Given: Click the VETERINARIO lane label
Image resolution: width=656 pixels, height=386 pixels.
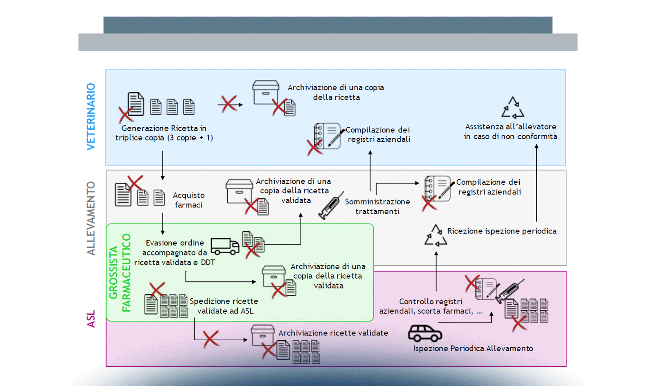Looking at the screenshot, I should pos(91,116).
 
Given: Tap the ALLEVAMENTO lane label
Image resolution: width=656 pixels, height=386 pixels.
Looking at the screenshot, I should pos(91,218).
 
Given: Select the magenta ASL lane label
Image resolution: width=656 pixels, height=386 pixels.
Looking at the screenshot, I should pos(91,318).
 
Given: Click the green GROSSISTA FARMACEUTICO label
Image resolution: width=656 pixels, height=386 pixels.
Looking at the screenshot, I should pos(120,273).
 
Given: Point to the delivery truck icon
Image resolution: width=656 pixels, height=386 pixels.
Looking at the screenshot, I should pos(225,246).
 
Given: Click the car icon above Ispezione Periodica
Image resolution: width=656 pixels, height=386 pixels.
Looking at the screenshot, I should pos(425,334).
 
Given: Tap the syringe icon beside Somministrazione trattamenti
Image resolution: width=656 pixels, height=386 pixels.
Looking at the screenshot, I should pos(331,206).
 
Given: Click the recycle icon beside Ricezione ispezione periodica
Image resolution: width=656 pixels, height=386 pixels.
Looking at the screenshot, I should pos(436,236).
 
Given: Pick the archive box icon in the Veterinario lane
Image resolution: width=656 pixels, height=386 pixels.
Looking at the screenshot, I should pos(266,93).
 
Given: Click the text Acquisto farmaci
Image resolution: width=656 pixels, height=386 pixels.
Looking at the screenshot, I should pos(189,200).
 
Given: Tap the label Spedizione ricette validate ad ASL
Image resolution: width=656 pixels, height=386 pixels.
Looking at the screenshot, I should pos(224,306).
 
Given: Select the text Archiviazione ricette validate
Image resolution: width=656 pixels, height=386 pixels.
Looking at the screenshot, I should pos(333,333).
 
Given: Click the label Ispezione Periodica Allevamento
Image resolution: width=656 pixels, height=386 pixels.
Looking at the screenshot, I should pos(473,348).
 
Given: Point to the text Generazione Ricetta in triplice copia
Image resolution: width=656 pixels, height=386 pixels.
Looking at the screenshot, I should pos(164,133).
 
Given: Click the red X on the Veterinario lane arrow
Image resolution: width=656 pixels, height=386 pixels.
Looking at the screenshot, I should pos(229,104).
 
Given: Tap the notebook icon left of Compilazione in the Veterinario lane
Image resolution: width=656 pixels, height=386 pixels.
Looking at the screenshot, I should pos(327,136).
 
